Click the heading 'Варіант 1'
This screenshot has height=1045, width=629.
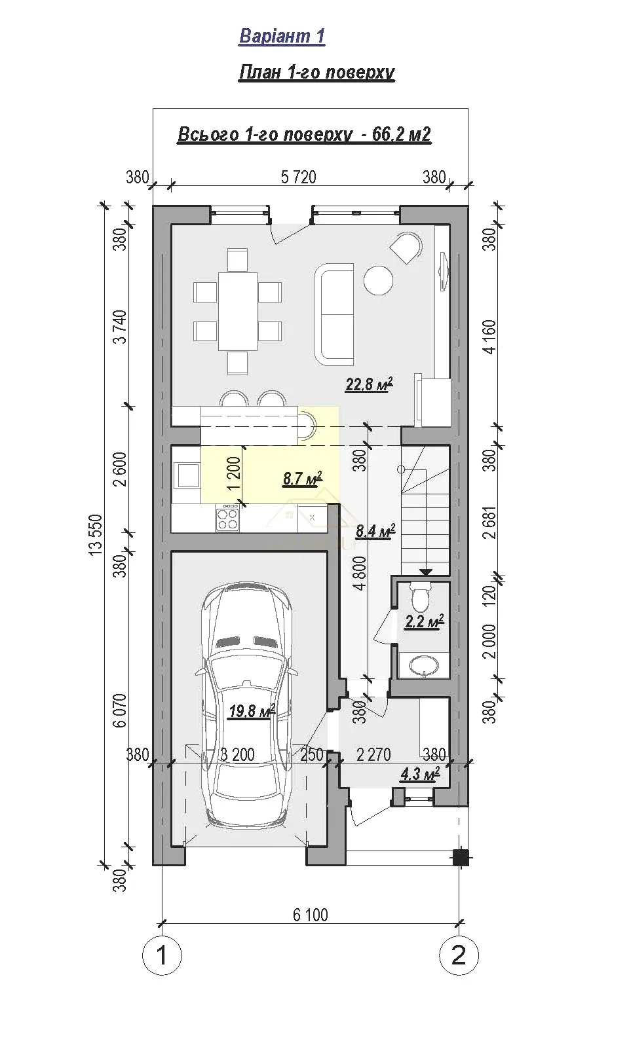pyautogui.click(x=282, y=36)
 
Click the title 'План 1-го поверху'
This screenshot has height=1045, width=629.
pyautogui.click(x=316, y=73)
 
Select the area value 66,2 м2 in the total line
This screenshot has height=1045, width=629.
pyautogui.click(x=401, y=134)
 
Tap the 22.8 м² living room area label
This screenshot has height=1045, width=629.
pyautogui.click(x=368, y=384)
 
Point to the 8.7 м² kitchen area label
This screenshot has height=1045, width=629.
pyautogui.click(x=303, y=479)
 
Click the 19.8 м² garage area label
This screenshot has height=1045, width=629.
pyautogui.click(x=252, y=711)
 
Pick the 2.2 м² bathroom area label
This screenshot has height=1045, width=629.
pyautogui.click(x=424, y=621)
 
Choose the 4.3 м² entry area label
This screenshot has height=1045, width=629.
pyautogui.click(x=420, y=774)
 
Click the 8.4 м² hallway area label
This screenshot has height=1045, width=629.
pyautogui.click(x=375, y=530)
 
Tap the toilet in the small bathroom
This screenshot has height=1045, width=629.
pyautogui.click(x=420, y=598)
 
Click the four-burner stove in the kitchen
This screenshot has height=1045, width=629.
pyautogui.click(x=227, y=519)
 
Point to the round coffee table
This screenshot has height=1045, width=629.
pyautogui.click(x=378, y=280)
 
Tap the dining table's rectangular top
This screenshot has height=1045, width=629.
pyautogui.click(x=237, y=311)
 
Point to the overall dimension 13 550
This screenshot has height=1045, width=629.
pyautogui.click(x=95, y=535)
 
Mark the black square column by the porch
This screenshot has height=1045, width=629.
pyautogui.click(x=461, y=857)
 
